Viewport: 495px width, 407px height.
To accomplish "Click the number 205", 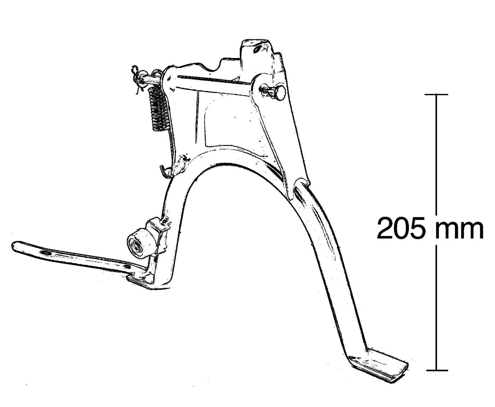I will point(400,229).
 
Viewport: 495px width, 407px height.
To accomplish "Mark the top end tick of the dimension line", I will point(437,94).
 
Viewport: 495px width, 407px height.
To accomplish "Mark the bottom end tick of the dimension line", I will point(437,371).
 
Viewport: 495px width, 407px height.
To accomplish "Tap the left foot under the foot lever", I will point(141,281).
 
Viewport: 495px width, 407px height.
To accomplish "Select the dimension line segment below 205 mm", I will point(437,308).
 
